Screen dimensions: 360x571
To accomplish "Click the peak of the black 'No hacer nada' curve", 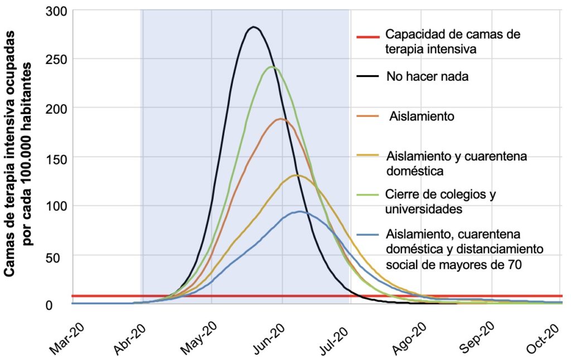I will click(254, 27).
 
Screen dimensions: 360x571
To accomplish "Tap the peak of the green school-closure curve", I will click(272, 67).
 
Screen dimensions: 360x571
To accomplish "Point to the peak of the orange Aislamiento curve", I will click(280, 119).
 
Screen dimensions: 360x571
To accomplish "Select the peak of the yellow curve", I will click(297, 175).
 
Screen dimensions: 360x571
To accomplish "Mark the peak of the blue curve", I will click(300, 211).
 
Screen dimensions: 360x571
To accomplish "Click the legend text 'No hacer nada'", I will click(427, 77).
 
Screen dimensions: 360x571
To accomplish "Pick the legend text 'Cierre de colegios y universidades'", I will click(441, 202).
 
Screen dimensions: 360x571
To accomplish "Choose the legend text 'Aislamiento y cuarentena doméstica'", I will click(456, 163).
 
